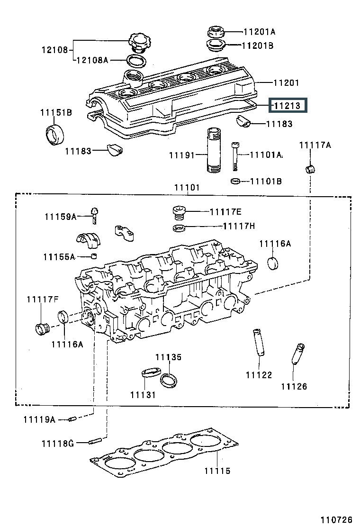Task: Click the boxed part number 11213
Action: point(287,106)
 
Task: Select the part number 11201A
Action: point(259,32)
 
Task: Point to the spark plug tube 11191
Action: point(214,150)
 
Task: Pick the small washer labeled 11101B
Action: point(236,182)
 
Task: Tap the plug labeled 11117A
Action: point(311,169)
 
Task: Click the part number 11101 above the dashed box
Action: point(187,188)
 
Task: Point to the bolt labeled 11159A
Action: point(95,216)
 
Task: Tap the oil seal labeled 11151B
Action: point(54,135)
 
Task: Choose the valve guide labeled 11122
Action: point(258,342)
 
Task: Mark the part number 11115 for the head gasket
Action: point(217,471)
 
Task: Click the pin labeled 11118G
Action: point(95,441)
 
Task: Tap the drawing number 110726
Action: point(336,519)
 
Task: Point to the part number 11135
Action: point(168,357)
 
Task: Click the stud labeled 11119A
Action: point(72,419)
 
